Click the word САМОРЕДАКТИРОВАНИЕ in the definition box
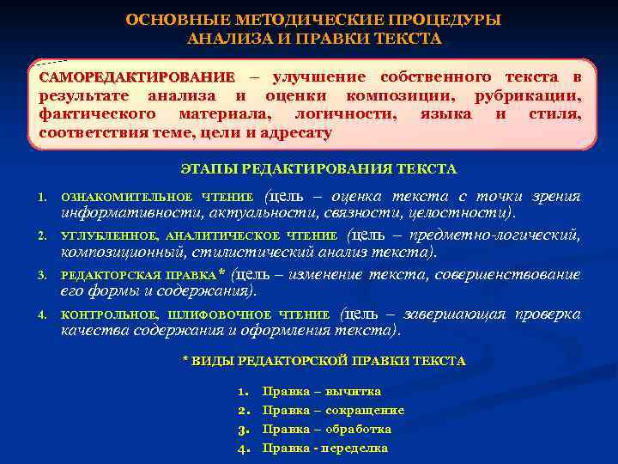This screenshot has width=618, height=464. tap(136, 77)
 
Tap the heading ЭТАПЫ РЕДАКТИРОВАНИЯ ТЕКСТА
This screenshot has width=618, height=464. tap(319, 169)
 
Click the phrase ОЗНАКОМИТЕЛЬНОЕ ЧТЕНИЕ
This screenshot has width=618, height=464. tap(157, 198)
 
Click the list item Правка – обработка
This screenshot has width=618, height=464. tap(327, 429)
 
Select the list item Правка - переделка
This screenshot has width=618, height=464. tap(325, 448)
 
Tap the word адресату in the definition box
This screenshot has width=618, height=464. tap(295, 133)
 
